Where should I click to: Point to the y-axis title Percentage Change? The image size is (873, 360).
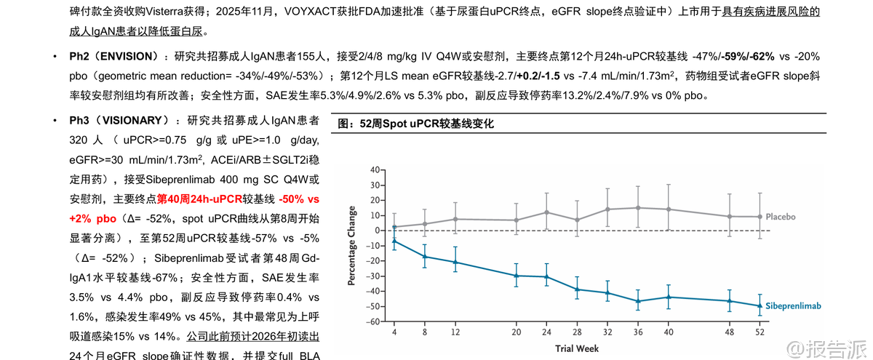pos(352,246)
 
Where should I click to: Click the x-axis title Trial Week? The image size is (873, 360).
pos(577,348)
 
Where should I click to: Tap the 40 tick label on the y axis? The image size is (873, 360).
pos(375,169)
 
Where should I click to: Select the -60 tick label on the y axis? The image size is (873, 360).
pos(374,321)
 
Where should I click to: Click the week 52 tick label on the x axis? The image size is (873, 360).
pos(760,332)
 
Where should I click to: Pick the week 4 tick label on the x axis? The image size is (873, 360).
pos(394,332)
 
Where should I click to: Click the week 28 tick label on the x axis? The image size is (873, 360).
pos(577,332)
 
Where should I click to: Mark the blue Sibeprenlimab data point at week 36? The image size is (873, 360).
pos(638,301)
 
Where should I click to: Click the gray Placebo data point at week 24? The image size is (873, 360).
pos(546,212)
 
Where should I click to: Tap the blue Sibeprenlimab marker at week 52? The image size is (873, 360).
pos(760,305)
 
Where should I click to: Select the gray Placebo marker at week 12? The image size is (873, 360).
pos(455,219)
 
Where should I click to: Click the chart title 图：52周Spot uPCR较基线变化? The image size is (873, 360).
pos(416,124)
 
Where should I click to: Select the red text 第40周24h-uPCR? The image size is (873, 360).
pos(200,199)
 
